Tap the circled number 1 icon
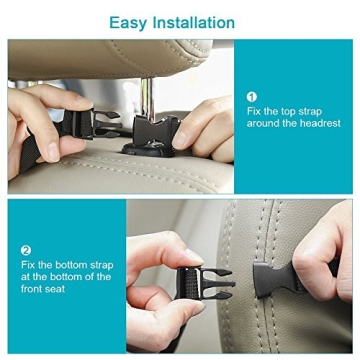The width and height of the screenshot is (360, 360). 251,96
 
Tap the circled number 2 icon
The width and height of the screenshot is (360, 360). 26,250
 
